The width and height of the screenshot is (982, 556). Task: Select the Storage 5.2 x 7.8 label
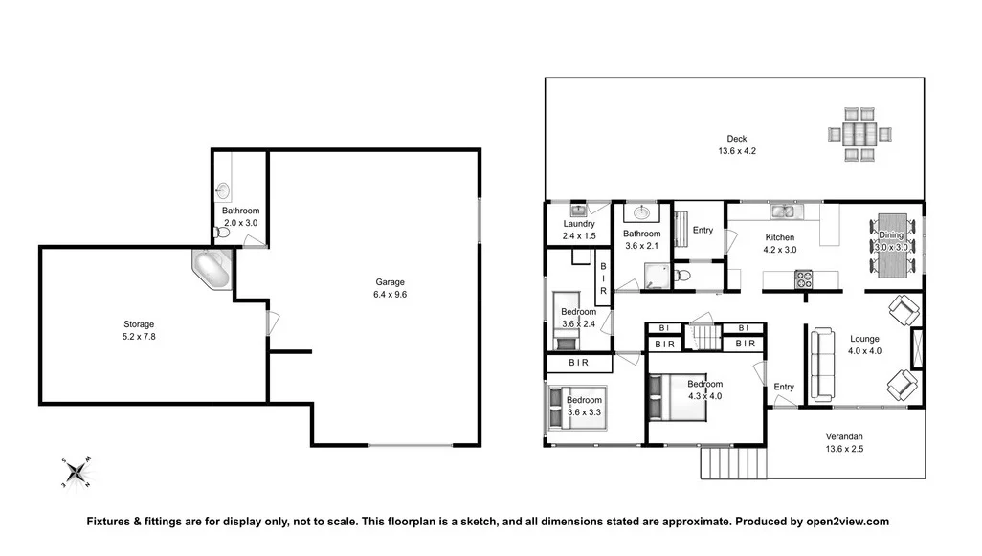(x=138, y=330)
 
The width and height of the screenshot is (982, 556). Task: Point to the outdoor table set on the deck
(x=859, y=133)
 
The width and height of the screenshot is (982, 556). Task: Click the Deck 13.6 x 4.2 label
(x=736, y=145)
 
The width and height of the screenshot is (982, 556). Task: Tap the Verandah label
(x=844, y=442)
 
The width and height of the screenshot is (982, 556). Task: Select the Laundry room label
(x=578, y=230)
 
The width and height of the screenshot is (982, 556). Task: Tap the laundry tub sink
(x=578, y=210)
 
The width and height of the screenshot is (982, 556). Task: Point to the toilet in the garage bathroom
(x=222, y=231)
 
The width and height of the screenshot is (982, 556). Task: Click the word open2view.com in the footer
(x=845, y=522)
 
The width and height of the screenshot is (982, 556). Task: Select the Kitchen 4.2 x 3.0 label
(x=779, y=243)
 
